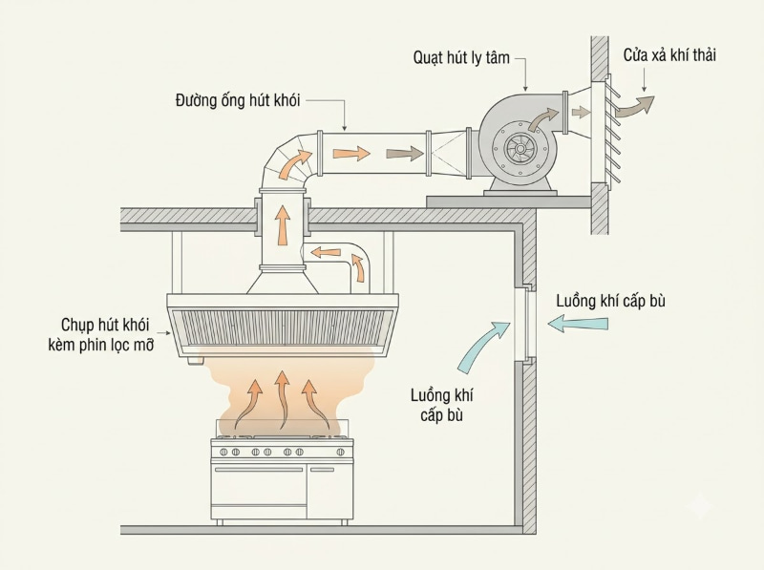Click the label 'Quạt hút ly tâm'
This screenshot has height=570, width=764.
(461, 58)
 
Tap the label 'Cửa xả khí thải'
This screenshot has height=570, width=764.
(669, 55)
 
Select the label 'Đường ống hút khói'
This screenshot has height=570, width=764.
(238, 101)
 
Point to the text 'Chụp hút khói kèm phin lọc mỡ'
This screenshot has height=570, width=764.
(101, 335)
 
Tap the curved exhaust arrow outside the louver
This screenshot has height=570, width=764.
(634, 107)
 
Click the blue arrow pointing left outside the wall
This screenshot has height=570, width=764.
(578, 323)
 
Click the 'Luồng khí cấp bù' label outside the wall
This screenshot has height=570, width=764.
(610, 301)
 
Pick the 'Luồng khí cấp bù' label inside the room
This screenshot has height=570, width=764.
(441, 405)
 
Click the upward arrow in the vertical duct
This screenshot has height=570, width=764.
(282, 224)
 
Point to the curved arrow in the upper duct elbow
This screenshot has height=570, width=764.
(296, 163)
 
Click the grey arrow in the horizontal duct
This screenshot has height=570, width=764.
(404, 154)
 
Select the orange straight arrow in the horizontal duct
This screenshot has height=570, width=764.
(351, 154)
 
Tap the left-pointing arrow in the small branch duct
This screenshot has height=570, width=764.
(326, 253)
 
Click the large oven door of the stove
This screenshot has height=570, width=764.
(259, 490)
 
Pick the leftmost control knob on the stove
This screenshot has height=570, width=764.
(223, 453)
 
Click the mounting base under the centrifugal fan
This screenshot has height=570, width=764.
(520, 186)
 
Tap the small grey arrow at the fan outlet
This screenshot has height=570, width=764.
(581, 113)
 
